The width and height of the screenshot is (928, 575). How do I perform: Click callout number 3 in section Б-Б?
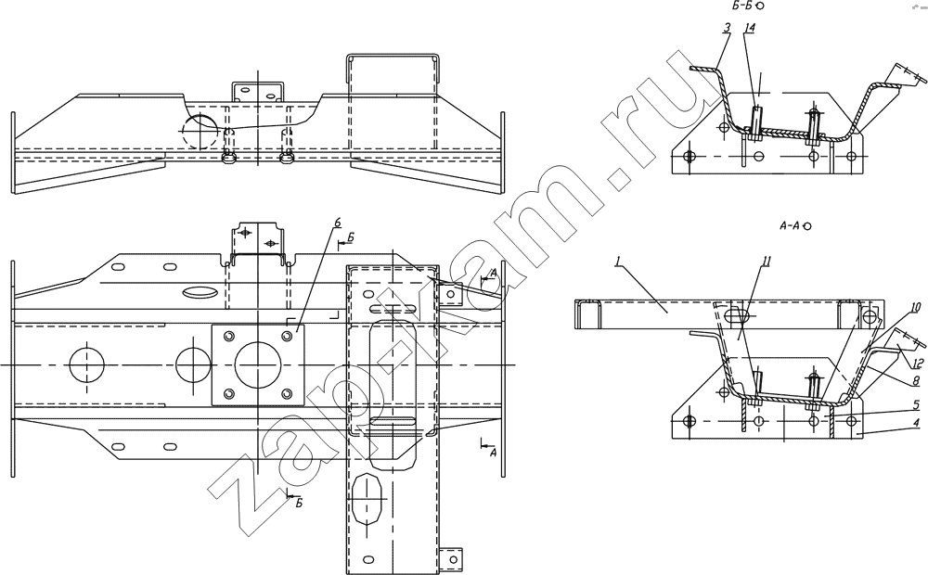pyautogui.click(x=727, y=28)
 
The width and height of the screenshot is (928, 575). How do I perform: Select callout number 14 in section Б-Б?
pyautogui.click(x=749, y=28)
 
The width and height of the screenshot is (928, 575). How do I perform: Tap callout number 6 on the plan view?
pyautogui.click(x=337, y=223)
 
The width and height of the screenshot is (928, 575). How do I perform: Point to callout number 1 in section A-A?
pyautogui.click(x=617, y=261)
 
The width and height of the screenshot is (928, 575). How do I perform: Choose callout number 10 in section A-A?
pyautogui.click(x=916, y=307)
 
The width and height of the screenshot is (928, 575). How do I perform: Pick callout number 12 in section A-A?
pyautogui.click(x=918, y=363)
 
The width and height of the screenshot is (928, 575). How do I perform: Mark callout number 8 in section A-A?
pyautogui.click(x=916, y=382)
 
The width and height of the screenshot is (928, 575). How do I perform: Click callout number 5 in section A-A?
pyautogui.click(x=916, y=404)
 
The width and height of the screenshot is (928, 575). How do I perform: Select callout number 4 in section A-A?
pyautogui.click(x=916, y=422)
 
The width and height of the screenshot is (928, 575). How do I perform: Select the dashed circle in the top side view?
pyautogui.click(x=200, y=131)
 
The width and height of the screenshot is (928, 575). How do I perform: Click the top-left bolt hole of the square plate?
pyautogui.click(x=227, y=336)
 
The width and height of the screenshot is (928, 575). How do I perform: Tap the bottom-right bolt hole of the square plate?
pyautogui.click(x=288, y=393)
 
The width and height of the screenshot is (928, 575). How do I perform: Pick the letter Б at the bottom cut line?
pyautogui.click(x=300, y=503)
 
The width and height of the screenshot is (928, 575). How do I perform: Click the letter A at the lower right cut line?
pyautogui.click(x=493, y=453)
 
